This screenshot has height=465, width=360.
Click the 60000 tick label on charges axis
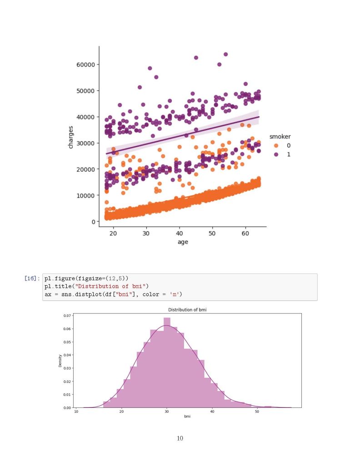[x=85, y=64]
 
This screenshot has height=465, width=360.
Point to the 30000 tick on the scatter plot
[x=85, y=143]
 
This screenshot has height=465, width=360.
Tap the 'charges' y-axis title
[x=70, y=137]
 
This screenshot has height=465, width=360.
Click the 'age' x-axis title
[x=182, y=242]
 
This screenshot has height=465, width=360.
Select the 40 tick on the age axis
[x=180, y=232]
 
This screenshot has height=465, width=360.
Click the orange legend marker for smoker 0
[x=276, y=146]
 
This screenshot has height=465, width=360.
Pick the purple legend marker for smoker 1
[x=276, y=154]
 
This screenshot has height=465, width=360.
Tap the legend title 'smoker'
[x=280, y=137]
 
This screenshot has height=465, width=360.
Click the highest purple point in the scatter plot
[x=225, y=54]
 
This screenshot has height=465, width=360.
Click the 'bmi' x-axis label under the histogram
[x=187, y=416]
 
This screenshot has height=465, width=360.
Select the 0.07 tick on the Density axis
[x=67, y=315]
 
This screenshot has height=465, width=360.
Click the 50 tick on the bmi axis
[x=257, y=411]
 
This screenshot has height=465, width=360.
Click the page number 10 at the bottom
[x=180, y=438]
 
